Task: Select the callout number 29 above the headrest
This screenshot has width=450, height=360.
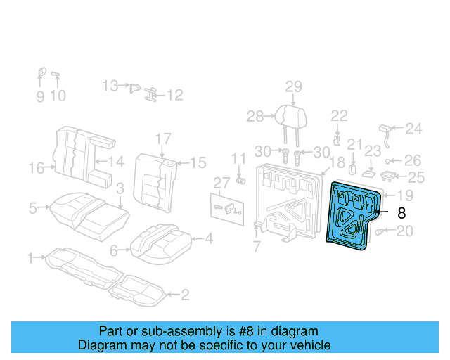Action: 293,86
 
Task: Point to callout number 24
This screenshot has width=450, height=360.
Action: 414,129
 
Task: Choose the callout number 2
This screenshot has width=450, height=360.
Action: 185,295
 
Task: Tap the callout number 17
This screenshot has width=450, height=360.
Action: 163,138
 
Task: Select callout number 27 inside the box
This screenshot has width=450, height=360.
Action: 222,183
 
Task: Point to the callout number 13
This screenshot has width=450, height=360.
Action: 110,86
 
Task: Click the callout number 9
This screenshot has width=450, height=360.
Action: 39,96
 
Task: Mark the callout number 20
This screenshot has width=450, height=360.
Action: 405,231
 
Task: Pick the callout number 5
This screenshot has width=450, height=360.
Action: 33,207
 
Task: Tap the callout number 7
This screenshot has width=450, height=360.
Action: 257,246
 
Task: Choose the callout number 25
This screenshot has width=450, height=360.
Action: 416,177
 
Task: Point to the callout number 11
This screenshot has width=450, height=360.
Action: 239,157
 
